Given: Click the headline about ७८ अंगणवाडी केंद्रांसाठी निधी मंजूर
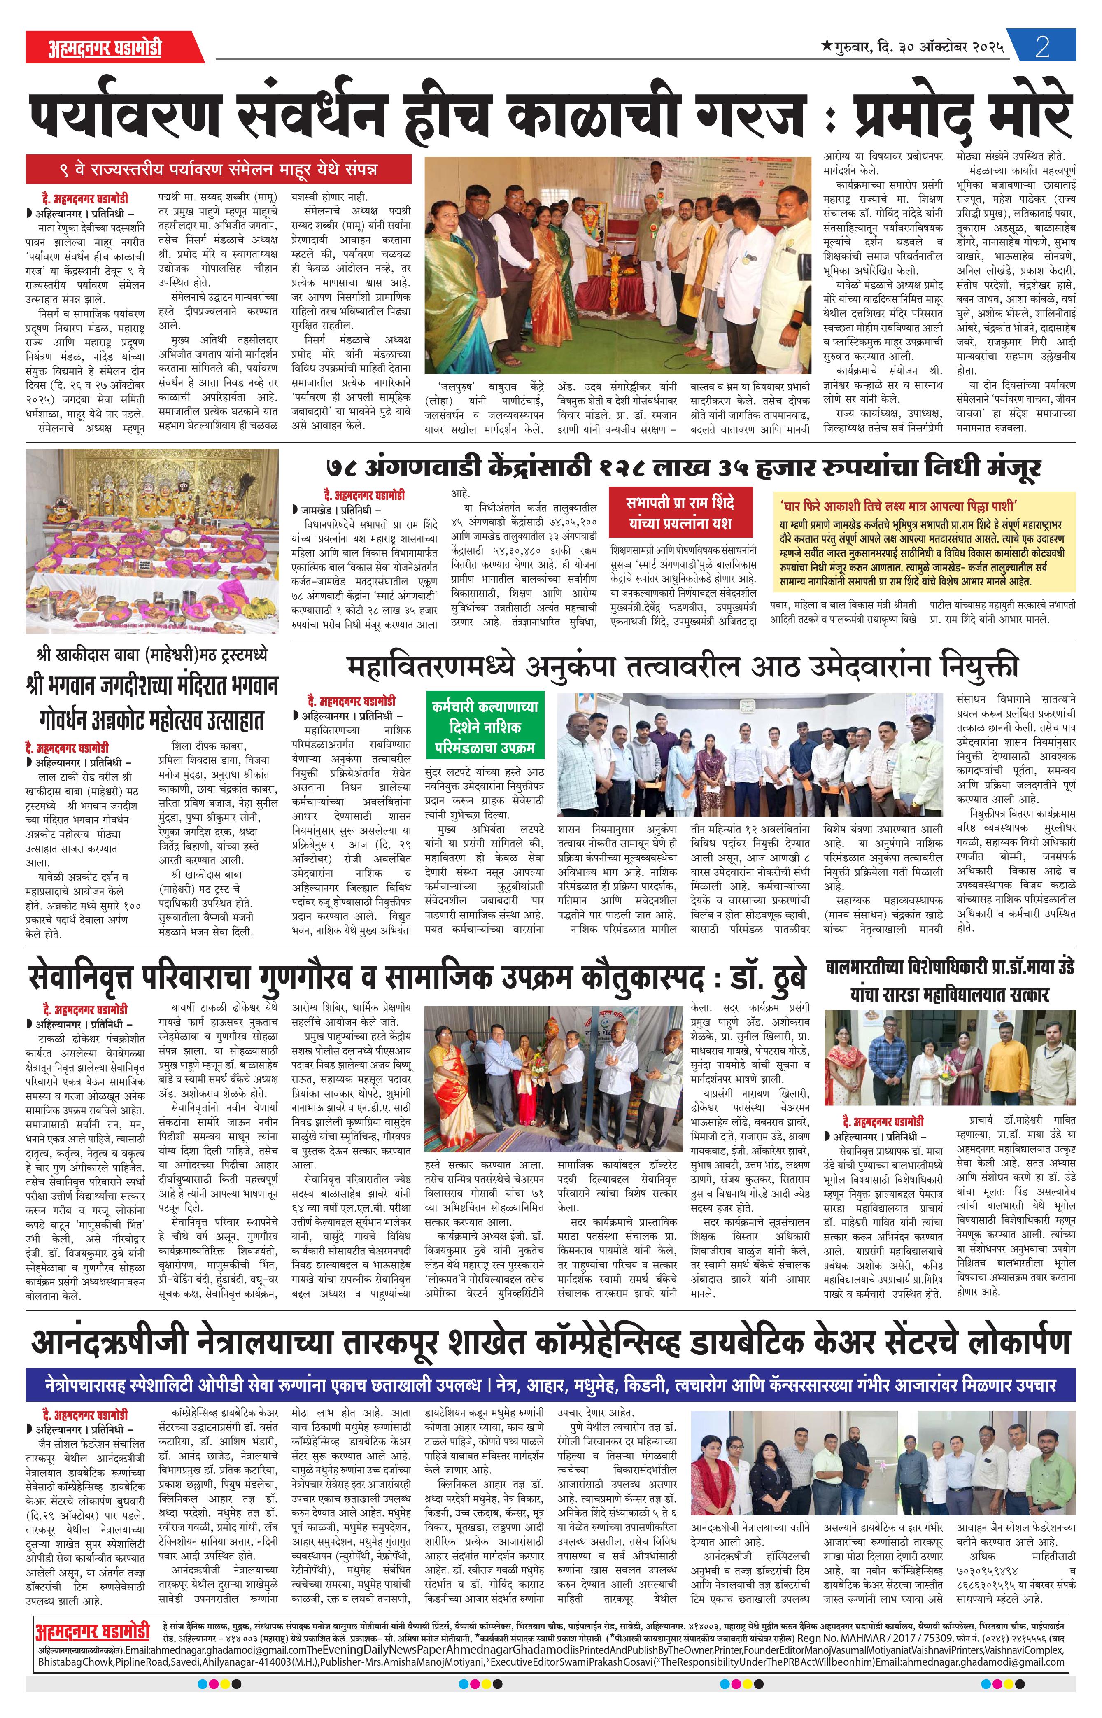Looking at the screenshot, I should click(x=682, y=468).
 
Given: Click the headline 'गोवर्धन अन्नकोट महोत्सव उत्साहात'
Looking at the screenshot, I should click(x=152, y=719).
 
